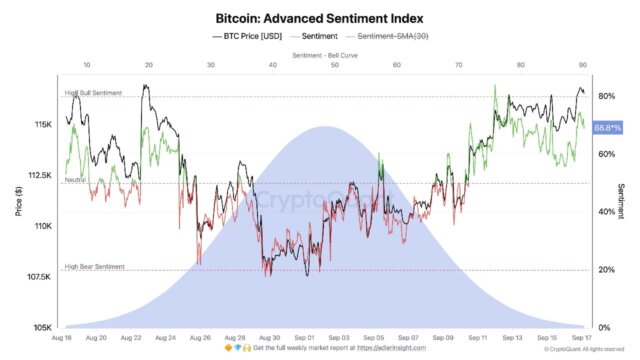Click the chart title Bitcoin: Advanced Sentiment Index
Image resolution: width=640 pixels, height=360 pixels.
pos(319,17)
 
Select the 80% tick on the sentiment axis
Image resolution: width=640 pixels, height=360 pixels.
pos(606,96)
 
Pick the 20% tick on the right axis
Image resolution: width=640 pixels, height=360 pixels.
pos(606,270)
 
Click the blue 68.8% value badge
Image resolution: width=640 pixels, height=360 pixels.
pos(607,128)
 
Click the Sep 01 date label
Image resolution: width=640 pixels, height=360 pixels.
pos(305,339)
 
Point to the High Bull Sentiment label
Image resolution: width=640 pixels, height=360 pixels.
pos(93,93)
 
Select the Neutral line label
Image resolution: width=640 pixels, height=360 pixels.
pos(75,180)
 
